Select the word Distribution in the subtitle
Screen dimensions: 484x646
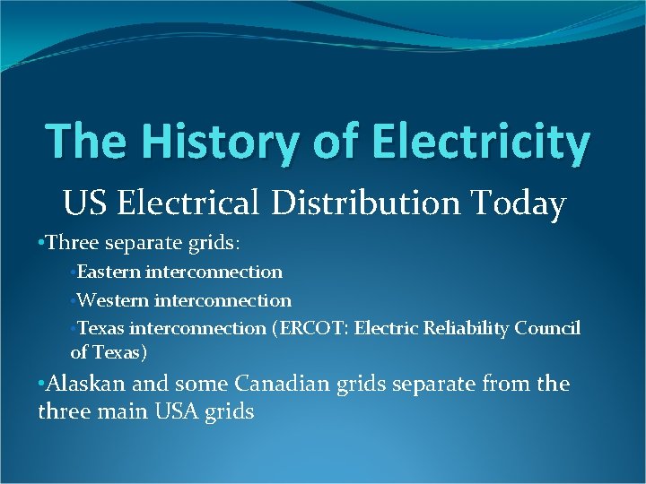click(x=361, y=204)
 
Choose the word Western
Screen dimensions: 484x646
click(x=112, y=300)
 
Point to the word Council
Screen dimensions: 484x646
click(x=547, y=329)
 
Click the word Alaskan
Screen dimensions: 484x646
click(x=88, y=384)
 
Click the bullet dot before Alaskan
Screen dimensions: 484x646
click(x=41, y=385)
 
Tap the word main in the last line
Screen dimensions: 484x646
click(x=118, y=412)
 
